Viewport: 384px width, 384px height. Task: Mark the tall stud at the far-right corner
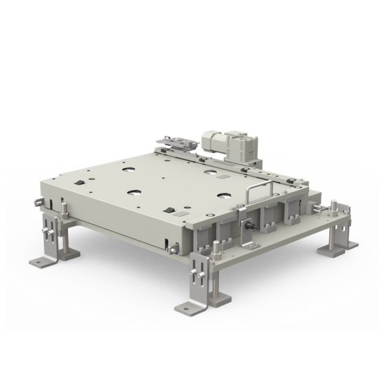click(x=333, y=208)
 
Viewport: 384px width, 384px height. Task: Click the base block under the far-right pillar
click(x=337, y=251)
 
